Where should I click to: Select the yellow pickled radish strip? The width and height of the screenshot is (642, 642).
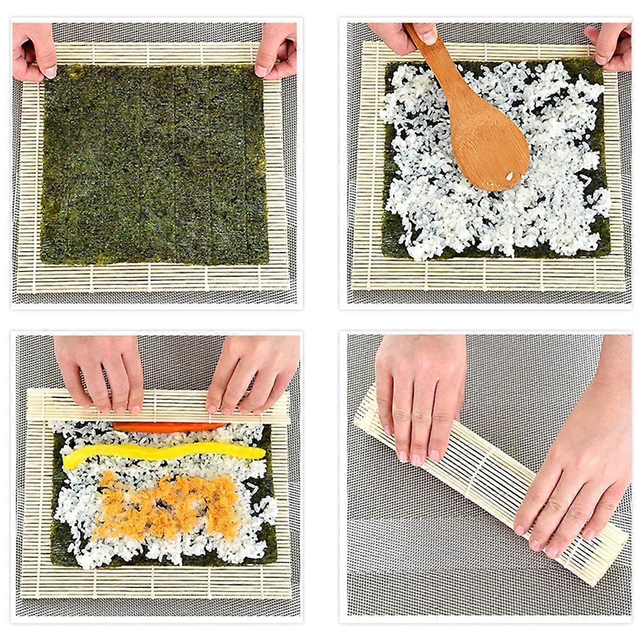click(163, 454)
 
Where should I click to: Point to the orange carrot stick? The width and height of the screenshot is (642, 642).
click(169, 427)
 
